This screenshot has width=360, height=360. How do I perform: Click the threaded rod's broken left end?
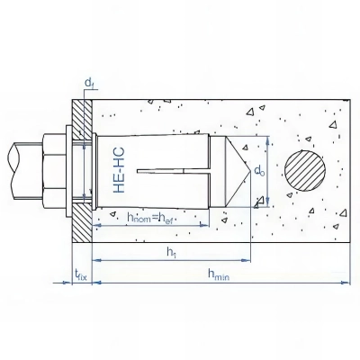click(9, 171)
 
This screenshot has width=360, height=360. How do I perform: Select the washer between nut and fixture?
click(73, 171)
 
